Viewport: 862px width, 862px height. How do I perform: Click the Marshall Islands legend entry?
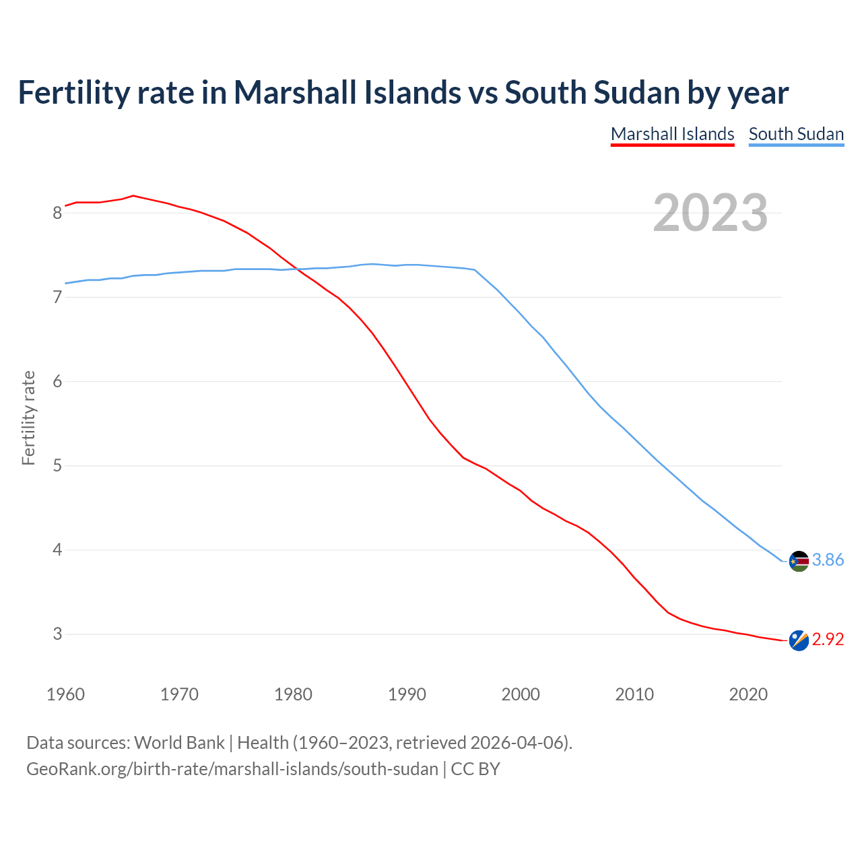point(672,134)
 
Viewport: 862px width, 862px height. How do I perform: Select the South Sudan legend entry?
point(796,134)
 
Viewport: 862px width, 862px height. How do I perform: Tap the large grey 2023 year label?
point(710,213)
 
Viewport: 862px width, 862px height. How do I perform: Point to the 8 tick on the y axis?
point(57,213)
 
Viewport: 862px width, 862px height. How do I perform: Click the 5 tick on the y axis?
point(57,466)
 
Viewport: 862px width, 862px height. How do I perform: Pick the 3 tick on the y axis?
point(57,634)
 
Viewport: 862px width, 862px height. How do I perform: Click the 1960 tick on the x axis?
point(65,694)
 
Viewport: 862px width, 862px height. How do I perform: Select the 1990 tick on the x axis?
point(407,694)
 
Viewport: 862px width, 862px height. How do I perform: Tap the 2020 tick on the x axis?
point(748,694)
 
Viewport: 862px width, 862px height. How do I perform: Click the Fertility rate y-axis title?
point(28,418)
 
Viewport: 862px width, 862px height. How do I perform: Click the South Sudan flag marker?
point(799,561)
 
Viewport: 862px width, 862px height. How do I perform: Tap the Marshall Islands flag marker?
point(799,640)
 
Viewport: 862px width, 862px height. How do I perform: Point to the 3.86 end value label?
point(828,560)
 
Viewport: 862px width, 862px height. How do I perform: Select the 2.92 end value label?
point(828,639)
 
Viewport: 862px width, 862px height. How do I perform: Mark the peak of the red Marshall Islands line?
point(133,196)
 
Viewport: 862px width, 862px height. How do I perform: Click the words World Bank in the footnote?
point(179,743)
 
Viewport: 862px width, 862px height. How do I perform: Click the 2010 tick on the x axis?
point(634,694)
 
